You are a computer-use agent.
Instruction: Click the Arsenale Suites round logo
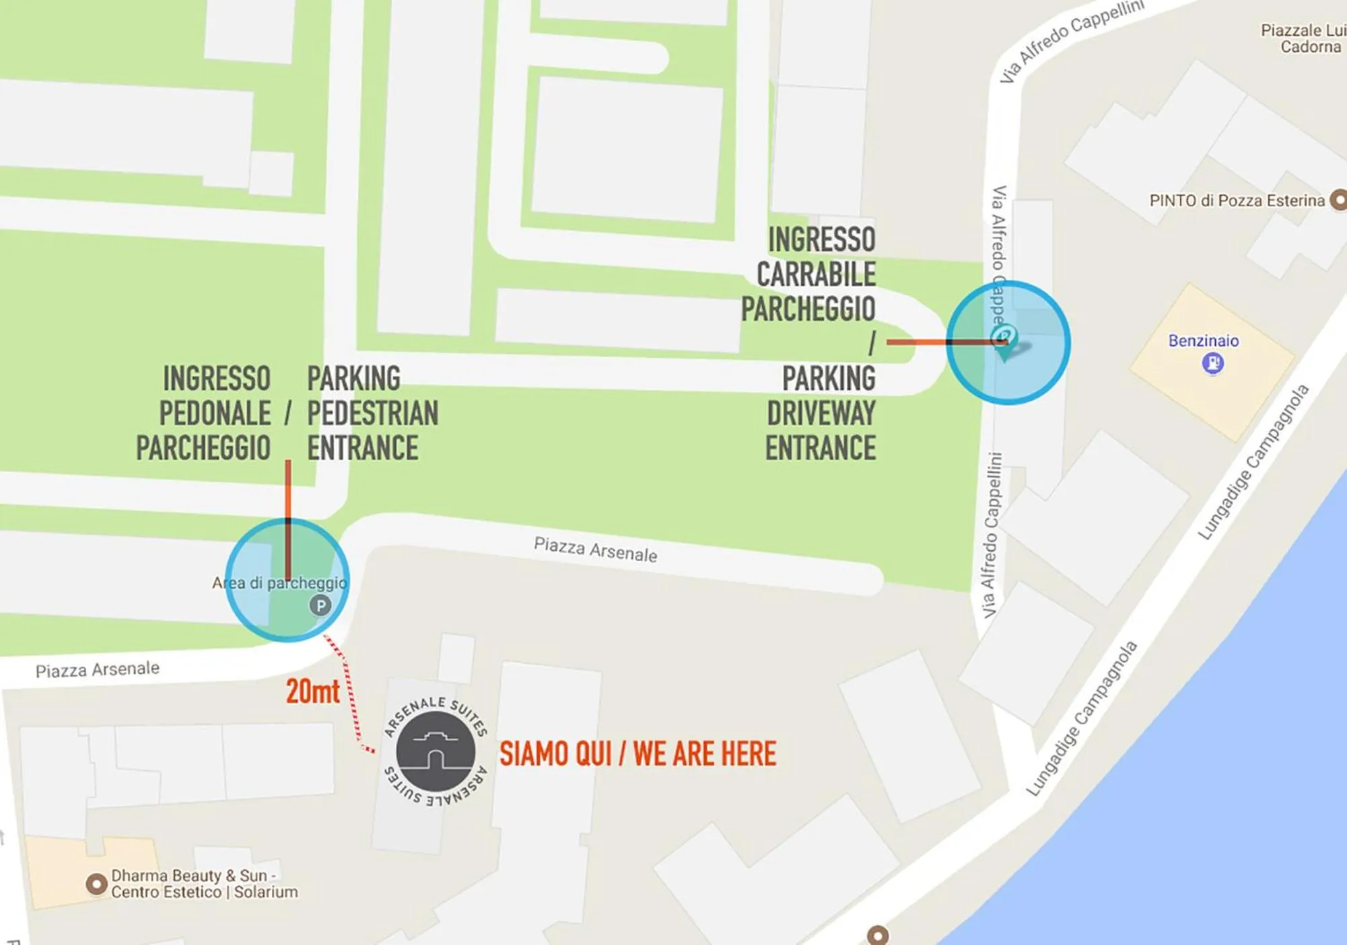[x=436, y=751]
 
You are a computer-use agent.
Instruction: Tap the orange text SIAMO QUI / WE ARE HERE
[x=637, y=754]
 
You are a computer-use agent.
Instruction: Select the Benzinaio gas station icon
[x=1213, y=364]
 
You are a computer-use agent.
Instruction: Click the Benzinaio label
[x=1203, y=341]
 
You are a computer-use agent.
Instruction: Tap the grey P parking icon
[x=320, y=606]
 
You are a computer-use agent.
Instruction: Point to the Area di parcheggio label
[x=279, y=583]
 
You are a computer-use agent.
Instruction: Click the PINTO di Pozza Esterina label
[x=1237, y=200]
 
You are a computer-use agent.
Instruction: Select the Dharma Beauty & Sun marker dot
[x=96, y=884]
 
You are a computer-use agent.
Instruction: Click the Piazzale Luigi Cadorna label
[x=1302, y=39]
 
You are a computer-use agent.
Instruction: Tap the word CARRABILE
[x=816, y=274]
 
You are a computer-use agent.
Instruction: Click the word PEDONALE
[x=215, y=414]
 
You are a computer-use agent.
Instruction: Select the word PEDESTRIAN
[x=372, y=414]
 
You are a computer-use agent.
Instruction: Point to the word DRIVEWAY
[x=821, y=414]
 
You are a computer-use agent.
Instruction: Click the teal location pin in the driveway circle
[x=1005, y=339]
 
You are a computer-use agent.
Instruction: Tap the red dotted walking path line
[x=348, y=693]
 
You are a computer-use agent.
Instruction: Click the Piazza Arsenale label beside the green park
[x=595, y=550]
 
